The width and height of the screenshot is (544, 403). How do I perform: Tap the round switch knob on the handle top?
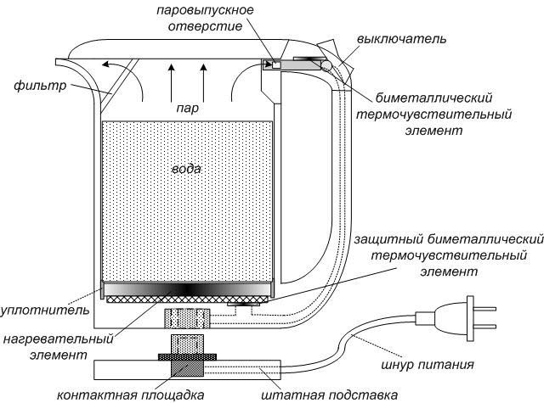click(x=326, y=64)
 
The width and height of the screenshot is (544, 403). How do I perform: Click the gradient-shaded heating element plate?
click(x=187, y=289)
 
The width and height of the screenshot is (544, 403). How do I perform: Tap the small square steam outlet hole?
click(x=275, y=64)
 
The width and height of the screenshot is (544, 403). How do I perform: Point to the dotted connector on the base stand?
click(x=188, y=348)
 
